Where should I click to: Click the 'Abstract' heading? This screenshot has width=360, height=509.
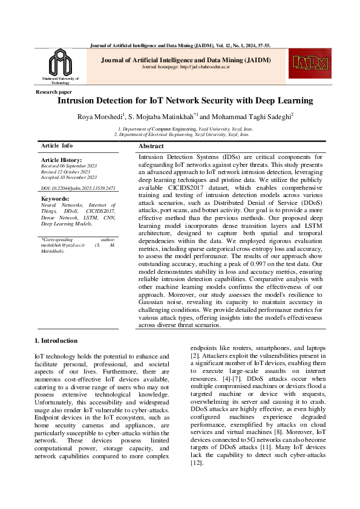pos(151,147)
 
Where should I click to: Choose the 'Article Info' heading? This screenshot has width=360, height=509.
pos(57,146)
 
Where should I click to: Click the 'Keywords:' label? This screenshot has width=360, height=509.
pos(54,198)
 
